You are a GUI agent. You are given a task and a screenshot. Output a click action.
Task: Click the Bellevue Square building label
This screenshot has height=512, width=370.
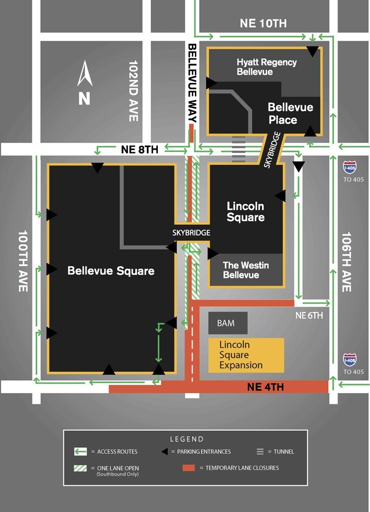pos(111,271)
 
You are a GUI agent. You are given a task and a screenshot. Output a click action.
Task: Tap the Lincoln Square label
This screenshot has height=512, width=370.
pos(246,212)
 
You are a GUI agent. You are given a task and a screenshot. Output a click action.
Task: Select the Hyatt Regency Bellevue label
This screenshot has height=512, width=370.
pos(266,67)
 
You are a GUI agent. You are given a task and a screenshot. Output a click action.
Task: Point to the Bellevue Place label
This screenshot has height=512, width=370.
pos(290,114)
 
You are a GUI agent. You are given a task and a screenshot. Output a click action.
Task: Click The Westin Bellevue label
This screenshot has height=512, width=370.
pos(245,270)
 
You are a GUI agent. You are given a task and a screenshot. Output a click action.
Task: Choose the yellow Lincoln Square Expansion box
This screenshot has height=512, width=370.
pos(246,355)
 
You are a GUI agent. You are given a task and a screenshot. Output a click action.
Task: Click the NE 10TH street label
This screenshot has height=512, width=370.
pos(263,24)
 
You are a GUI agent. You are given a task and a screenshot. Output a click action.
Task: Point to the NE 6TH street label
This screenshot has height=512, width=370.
pos(309,316)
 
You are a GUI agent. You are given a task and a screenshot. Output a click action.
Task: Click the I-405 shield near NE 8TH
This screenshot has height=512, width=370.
pos(350,168)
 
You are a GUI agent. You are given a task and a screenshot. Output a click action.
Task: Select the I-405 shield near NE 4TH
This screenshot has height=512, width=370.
pos(350,359)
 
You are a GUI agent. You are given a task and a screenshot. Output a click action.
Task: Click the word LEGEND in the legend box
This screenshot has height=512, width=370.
pos(186,439)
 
